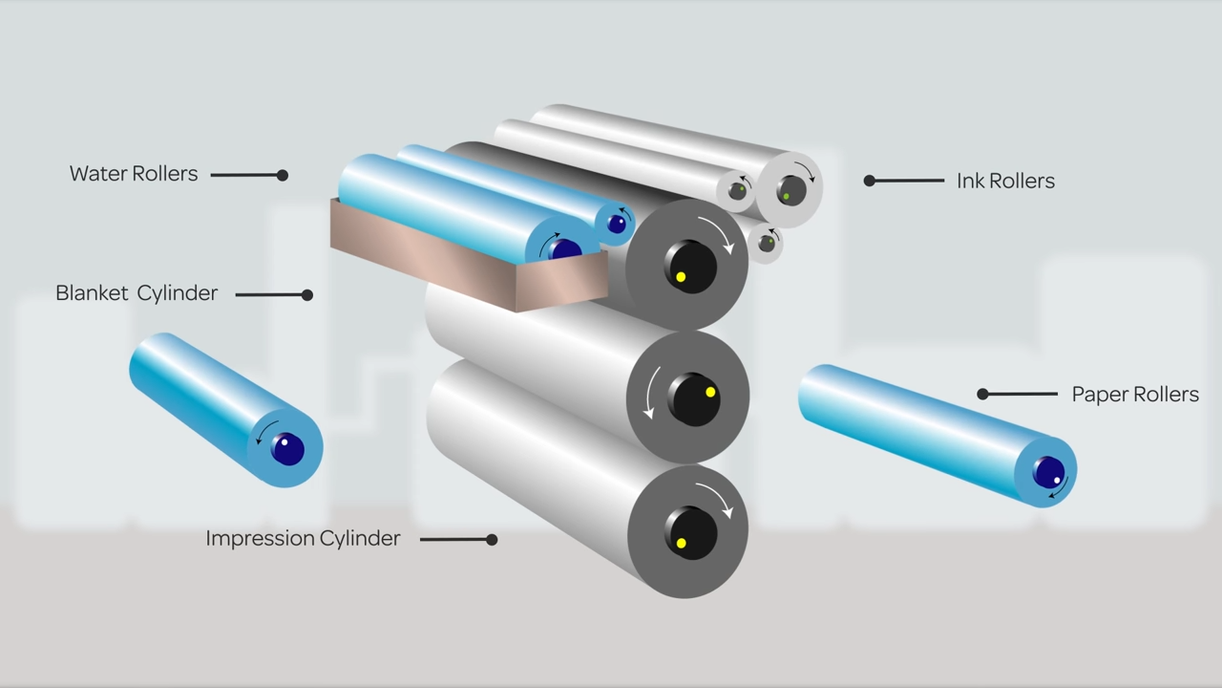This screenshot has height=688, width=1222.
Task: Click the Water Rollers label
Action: coord(134,174)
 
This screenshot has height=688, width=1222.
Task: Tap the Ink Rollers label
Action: coord(1005,181)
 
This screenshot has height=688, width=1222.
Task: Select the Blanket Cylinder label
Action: coord(137,293)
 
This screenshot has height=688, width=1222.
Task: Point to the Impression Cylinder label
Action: coord(303,539)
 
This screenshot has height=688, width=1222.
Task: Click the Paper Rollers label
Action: coord(1135,395)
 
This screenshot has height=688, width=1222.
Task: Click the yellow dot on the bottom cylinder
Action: coord(681,544)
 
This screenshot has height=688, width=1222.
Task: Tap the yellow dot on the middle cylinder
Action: coord(710,392)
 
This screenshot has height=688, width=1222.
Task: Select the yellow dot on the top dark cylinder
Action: coord(681,277)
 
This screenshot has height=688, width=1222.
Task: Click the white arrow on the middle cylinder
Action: coord(649,395)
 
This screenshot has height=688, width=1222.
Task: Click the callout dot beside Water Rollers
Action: coord(283,175)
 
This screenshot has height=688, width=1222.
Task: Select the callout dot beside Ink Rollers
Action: coord(869,181)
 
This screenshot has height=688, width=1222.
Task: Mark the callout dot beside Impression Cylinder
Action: coord(492,540)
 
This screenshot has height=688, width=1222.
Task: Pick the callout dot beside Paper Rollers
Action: coord(982,394)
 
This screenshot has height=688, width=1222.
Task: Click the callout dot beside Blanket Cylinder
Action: coord(307,295)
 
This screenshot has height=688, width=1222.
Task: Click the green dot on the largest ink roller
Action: coord(786,197)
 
